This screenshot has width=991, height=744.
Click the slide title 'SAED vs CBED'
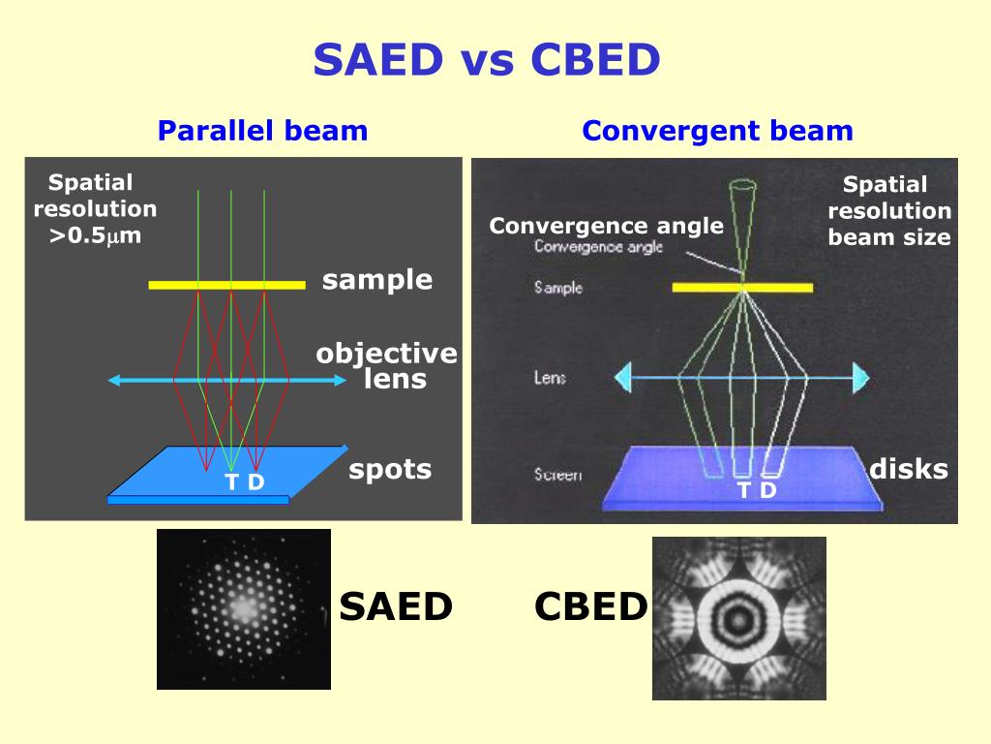(487, 61)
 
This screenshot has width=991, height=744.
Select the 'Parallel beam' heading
(262, 131)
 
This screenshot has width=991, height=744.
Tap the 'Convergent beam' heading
(717, 131)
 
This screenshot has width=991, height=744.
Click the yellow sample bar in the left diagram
(226, 284)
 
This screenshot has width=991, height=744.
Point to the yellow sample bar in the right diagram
(742, 288)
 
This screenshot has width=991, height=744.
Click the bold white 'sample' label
(377, 281)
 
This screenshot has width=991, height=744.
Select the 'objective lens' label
(386, 366)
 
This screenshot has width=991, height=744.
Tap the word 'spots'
(390, 470)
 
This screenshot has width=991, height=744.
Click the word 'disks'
(908, 470)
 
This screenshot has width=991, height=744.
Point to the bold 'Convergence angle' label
(606, 227)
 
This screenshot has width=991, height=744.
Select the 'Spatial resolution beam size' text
(888, 210)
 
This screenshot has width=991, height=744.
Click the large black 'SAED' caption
(396, 607)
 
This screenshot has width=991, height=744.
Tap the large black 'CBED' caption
(590, 607)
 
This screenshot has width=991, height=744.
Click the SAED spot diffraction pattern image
(244, 608)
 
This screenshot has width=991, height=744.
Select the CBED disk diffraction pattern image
(739, 618)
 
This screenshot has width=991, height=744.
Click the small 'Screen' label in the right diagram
(557, 475)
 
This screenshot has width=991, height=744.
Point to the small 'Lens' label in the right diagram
(549, 377)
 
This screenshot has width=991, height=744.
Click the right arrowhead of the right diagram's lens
(860, 376)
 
